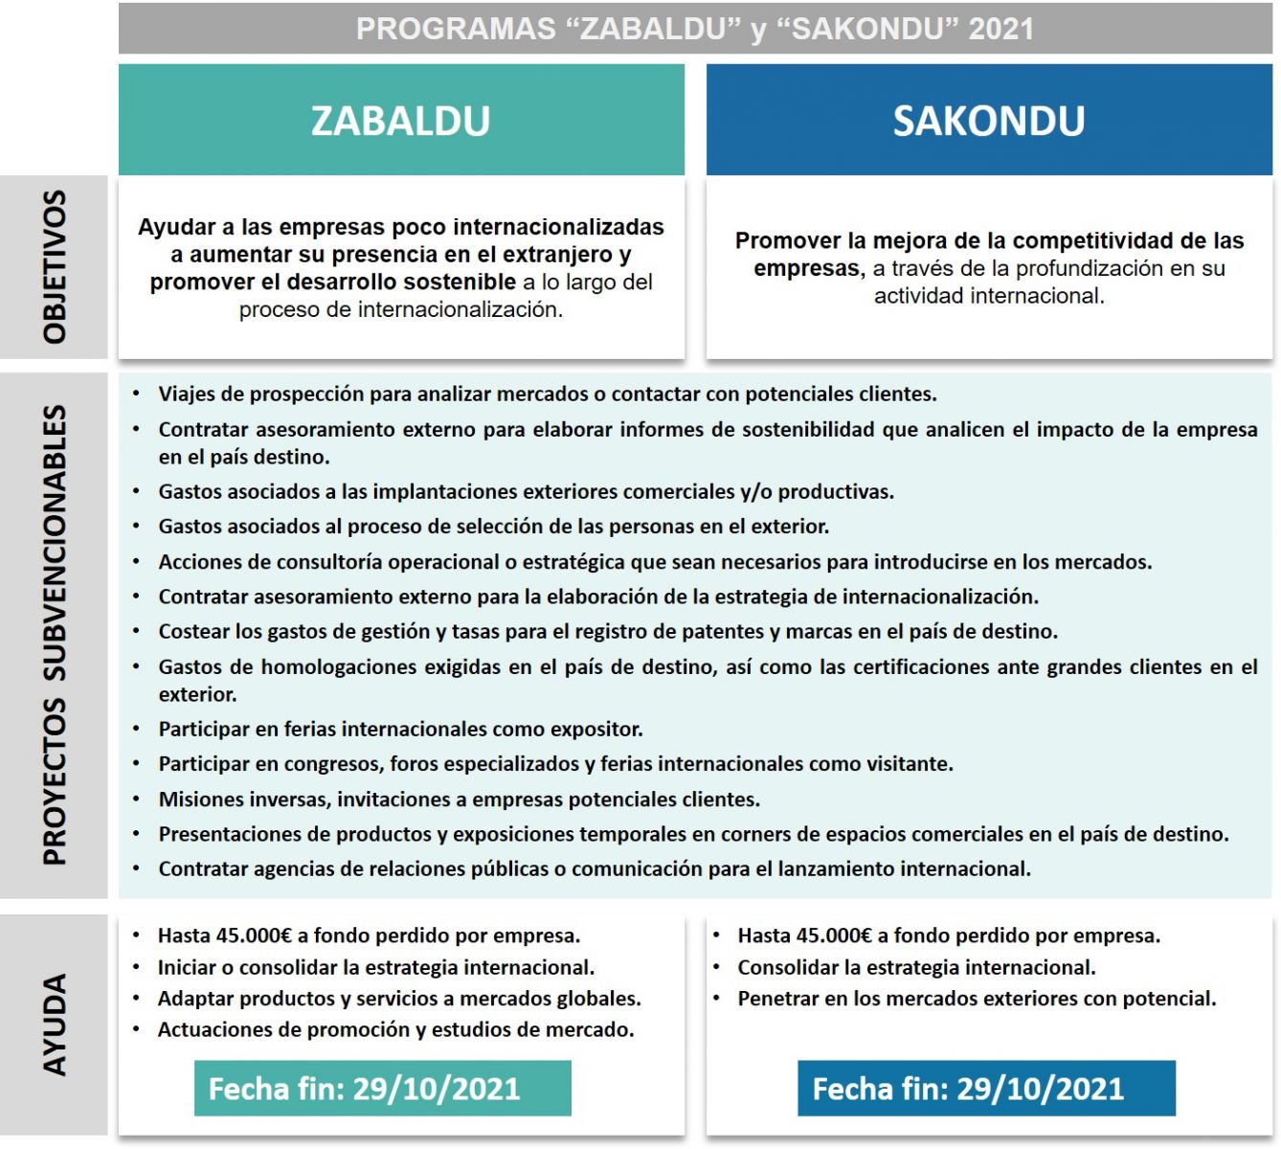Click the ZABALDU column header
point(400,121)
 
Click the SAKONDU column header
point(988,121)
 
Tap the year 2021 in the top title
point(1000,29)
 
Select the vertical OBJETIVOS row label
point(55,267)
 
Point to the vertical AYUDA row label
point(55,1025)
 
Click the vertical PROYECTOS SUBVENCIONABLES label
point(55,635)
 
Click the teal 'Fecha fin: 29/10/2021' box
point(382,1089)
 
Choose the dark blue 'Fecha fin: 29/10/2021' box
point(986,1089)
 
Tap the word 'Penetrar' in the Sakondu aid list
point(777,999)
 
